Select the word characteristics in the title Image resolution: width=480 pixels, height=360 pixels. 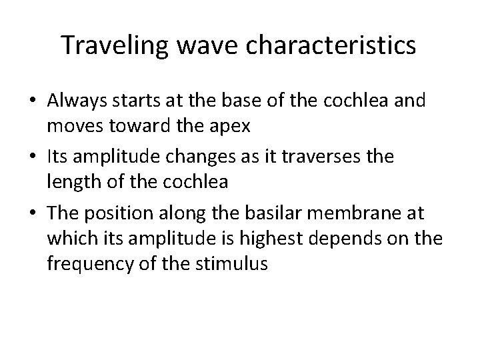coord(332,45)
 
